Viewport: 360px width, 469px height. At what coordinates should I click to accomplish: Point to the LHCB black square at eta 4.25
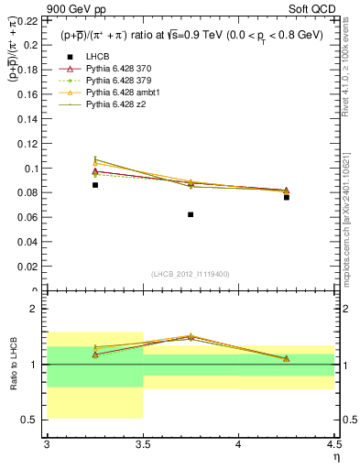coord(287,197)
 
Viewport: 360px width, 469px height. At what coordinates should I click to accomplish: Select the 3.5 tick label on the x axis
coord(143,446)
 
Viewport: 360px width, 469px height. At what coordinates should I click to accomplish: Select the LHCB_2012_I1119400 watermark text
coord(190,274)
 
